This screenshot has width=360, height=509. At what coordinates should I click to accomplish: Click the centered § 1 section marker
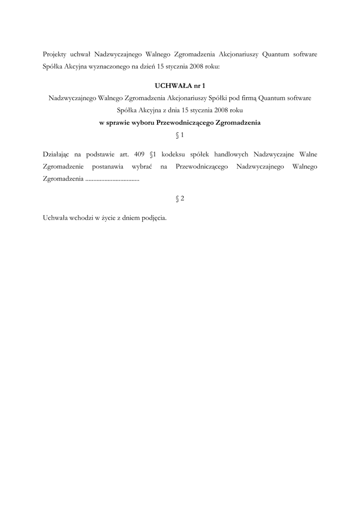click(x=180, y=135)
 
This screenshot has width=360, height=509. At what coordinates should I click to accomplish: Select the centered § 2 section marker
click(x=180, y=198)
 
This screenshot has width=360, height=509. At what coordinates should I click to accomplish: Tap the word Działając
click(x=57, y=154)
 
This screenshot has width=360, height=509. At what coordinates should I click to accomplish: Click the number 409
click(x=139, y=154)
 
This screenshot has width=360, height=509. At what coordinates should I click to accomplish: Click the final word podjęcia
click(x=154, y=218)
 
